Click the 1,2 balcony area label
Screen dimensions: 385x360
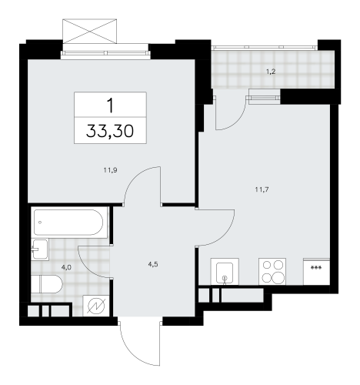[x=270, y=73]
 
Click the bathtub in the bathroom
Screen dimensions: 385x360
[x=68, y=224]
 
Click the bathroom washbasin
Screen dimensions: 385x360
[x=39, y=249]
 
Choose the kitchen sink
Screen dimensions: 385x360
[x=224, y=271]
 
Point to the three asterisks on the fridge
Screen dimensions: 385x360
[x=315, y=267]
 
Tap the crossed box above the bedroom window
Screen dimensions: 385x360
[x=90, y=32]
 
